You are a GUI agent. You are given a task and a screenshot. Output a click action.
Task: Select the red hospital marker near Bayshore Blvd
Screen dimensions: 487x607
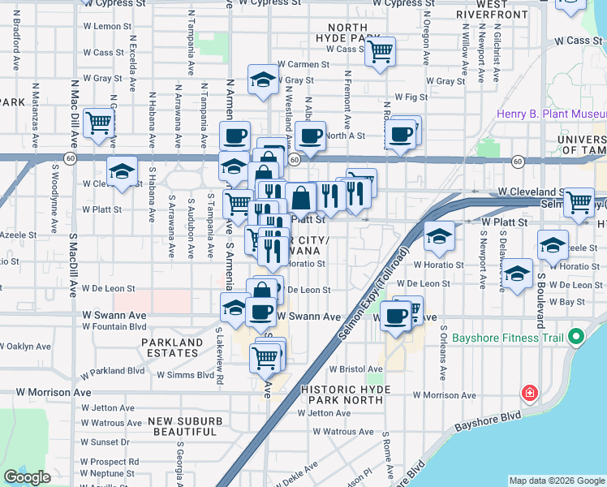pos(529,394)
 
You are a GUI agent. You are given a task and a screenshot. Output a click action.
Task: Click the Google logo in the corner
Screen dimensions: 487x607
pos(27,477)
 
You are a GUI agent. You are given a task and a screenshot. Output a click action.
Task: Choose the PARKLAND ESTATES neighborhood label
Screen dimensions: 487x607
pos(171,348)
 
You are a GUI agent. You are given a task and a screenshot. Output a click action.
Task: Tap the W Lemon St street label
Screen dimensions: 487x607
pos(101,27)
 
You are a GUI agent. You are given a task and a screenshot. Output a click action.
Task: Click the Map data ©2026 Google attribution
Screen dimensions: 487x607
pos(557,481)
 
